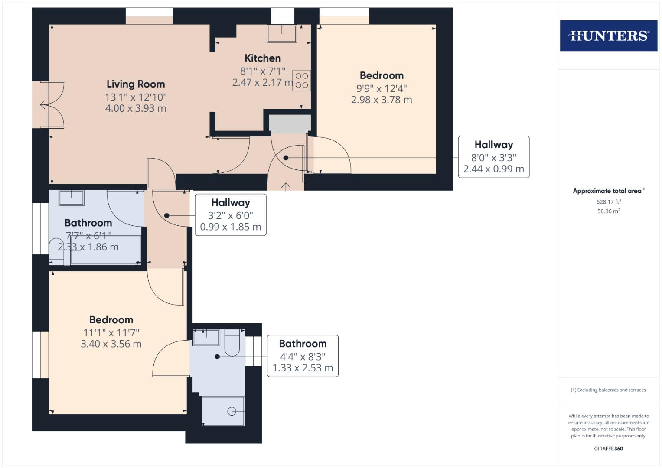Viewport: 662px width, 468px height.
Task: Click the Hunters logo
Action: click(x=608, y=36)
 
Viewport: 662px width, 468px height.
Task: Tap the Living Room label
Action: click(x=136, y=84)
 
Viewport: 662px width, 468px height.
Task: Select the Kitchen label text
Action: click(x=263, y=58)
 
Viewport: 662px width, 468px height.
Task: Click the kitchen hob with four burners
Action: click(x=302, y=81)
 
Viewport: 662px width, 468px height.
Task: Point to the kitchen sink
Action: click(x=282, y=33)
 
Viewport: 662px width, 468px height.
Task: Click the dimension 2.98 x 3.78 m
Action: click(x=382, y=100)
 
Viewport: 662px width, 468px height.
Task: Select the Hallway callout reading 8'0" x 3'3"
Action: click(x=493, y=157)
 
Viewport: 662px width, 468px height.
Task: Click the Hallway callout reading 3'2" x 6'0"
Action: click(x=230, y=215)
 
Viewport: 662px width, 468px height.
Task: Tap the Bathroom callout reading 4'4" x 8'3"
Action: click(x=302, y=356)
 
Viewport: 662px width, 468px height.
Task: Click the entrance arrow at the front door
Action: click(x=286, y=186)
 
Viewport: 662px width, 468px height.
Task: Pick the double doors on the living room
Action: click(x=49, y=104)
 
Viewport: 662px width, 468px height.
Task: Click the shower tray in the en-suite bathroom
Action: click(x=223, y=410)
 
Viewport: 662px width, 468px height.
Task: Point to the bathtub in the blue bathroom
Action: click(x=106, y=250)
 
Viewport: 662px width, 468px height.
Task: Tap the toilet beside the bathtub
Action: click(x=56, y=251)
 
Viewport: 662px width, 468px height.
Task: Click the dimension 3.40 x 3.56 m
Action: click(x=111, y=344)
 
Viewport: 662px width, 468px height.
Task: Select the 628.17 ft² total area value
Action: click(x=608, y=201)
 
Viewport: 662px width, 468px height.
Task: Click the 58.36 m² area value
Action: click(x=608, y=211)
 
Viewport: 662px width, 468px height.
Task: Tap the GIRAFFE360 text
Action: click(x=608, y=448)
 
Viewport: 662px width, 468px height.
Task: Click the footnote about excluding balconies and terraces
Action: click(x=608, y=390)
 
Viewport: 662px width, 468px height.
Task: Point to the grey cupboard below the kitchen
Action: click(x=290, y=123)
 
